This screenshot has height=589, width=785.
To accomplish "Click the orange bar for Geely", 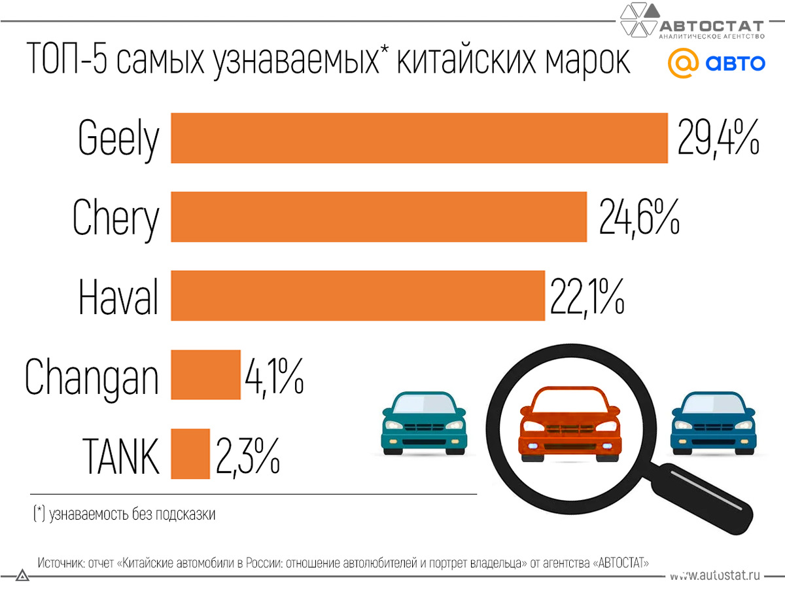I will [419, 137].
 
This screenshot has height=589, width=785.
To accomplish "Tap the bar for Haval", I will [357, 296].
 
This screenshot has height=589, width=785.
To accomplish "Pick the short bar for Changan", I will [205, 374].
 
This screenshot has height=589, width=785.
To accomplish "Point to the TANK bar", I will [190, 453].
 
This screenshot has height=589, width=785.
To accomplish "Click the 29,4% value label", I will [718, 137].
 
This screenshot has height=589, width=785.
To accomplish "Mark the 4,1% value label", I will [274, 375].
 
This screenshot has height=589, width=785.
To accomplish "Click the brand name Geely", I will [118, 138].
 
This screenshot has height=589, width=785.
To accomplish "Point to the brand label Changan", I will [92, 376].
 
